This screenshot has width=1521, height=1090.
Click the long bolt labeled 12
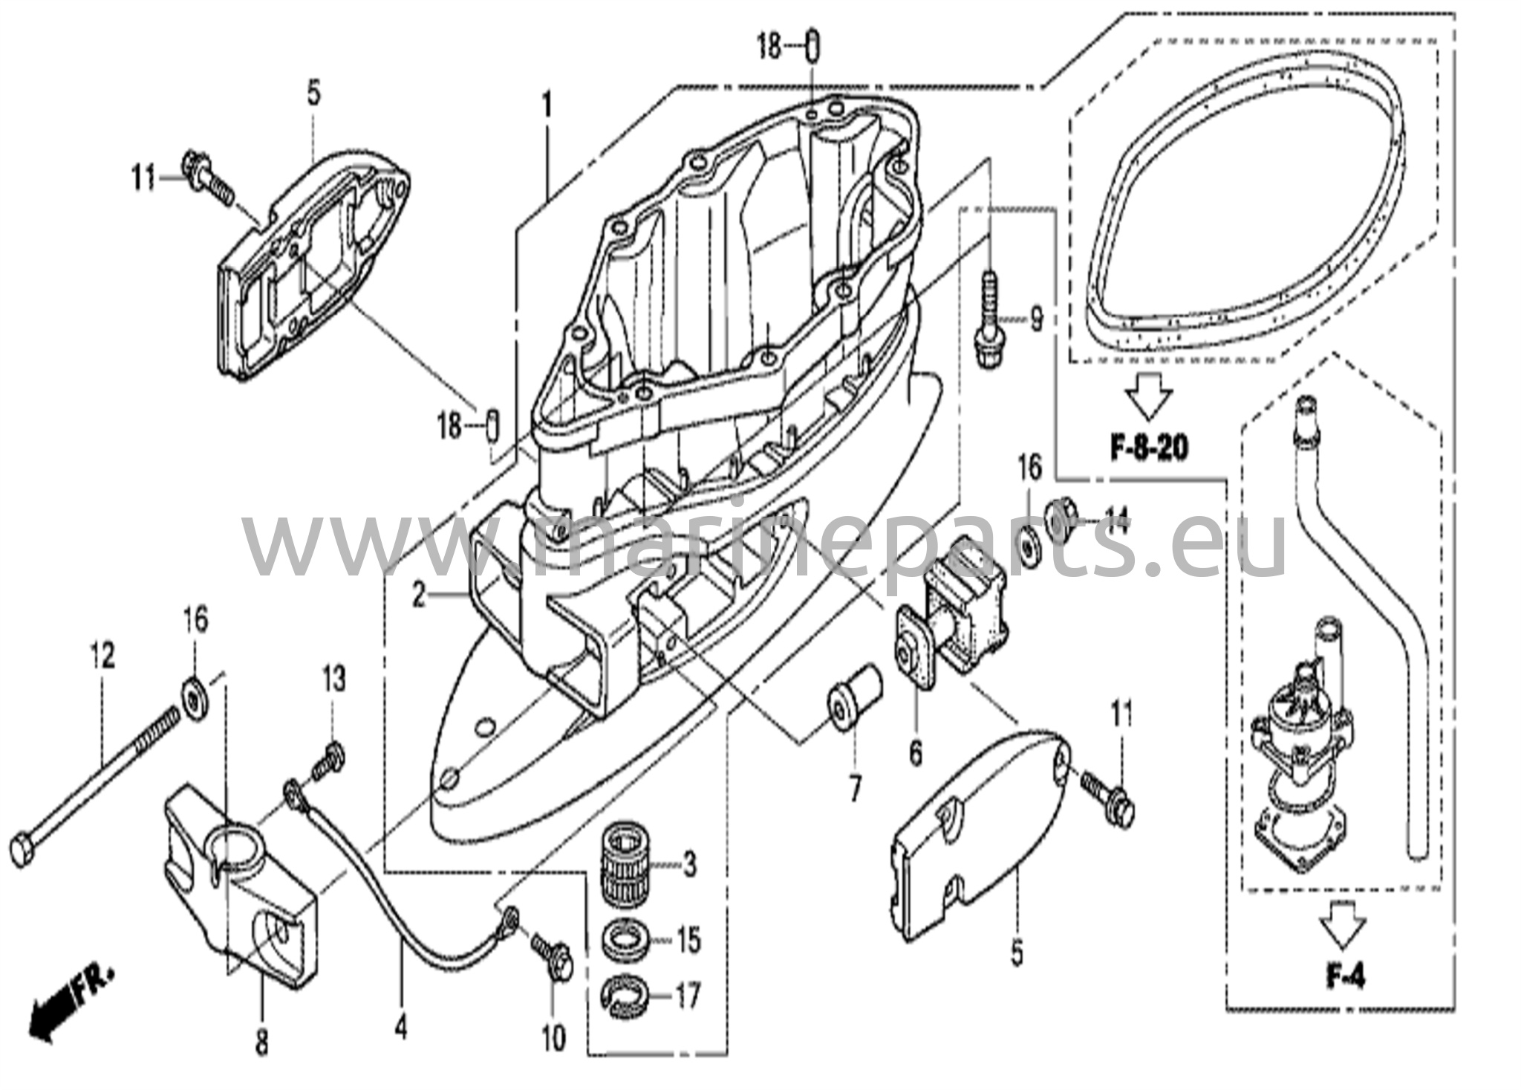[97, 780]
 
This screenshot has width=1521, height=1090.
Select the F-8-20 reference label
[1148, 448]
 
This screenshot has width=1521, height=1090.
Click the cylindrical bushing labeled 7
[854, 701]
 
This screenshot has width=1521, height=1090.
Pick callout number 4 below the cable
[400, 1028]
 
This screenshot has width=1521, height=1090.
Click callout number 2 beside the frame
[420, 594]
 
